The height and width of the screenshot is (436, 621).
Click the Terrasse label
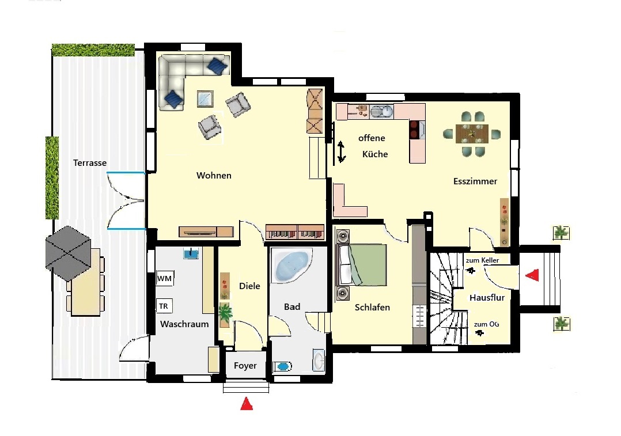click(90, 163)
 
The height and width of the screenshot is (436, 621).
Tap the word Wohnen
click(214, 176)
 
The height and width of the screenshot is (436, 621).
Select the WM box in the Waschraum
click(165, 278)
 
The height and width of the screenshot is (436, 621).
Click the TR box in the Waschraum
click(164, 306)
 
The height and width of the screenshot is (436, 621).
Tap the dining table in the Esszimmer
click(472, 134)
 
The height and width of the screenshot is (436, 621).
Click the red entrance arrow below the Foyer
click(247, 403)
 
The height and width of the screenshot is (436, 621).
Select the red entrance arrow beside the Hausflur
click(532, 275)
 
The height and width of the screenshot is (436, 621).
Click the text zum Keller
click(482, 260)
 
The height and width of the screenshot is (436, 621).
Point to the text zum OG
click(486, 324)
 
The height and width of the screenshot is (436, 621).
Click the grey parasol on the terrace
click(68, 253)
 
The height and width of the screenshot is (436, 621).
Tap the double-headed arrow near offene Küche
click(341, 151)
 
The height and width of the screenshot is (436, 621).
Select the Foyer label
click(245, 366)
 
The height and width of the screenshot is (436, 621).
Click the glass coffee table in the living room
click(205, 99)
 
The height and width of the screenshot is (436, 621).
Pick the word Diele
click(249, 286)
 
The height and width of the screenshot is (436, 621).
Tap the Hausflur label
click(487, 297)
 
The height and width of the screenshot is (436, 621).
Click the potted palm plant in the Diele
click(225, 315)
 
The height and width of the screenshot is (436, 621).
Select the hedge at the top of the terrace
click(93, 50)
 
